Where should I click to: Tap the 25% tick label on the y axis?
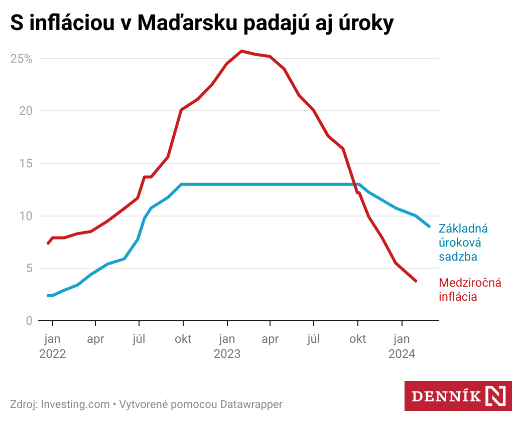(22, 59)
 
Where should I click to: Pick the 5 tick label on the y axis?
(29, 268)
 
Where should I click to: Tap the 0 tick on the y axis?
(29, 321)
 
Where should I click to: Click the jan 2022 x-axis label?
(52, 346)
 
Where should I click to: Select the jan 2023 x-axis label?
(227, 346)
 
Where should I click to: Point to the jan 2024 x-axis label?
(402, 346)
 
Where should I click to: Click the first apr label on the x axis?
(95, 339)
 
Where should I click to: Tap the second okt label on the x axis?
(357, 339)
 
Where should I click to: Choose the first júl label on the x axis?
(139, 339)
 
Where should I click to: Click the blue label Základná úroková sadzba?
(463, 243)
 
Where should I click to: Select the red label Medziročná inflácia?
(470, 289)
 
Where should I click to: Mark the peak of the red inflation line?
(241, 51)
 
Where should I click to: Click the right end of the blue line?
(429, 226)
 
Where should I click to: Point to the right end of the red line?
(416, 281)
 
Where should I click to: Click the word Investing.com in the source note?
(75, 404)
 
